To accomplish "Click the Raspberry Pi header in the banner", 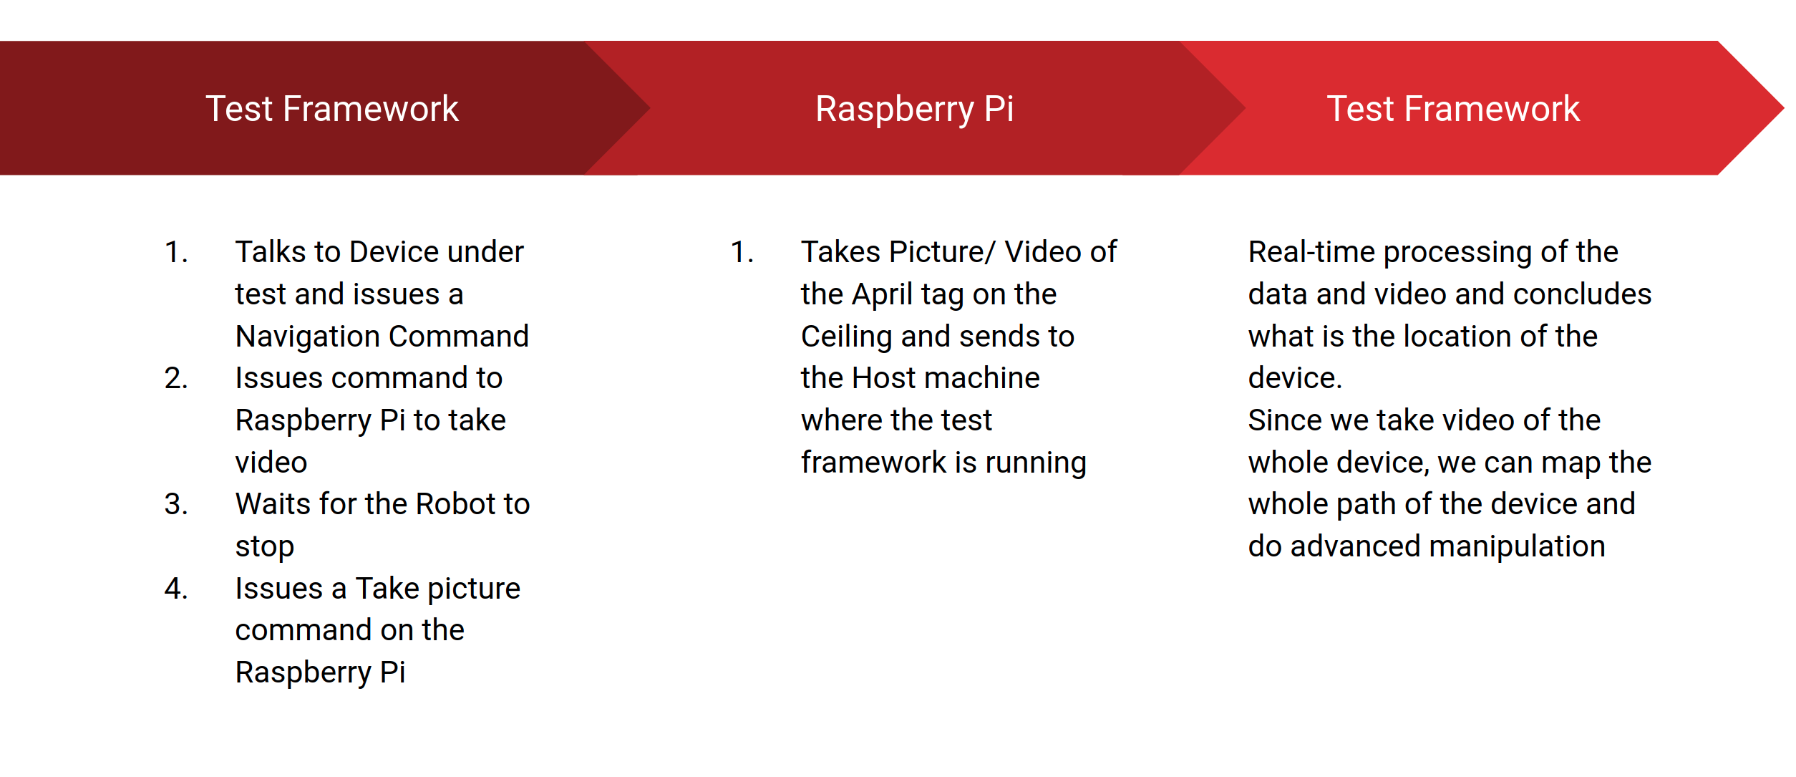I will [x=914, y=110].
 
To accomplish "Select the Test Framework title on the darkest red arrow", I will [x=331, y=110].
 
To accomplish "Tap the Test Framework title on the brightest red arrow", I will [x=1452, y=110].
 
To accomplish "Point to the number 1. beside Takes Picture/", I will [x=742, y=252].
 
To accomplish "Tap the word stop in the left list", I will [x=264, y=546].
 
